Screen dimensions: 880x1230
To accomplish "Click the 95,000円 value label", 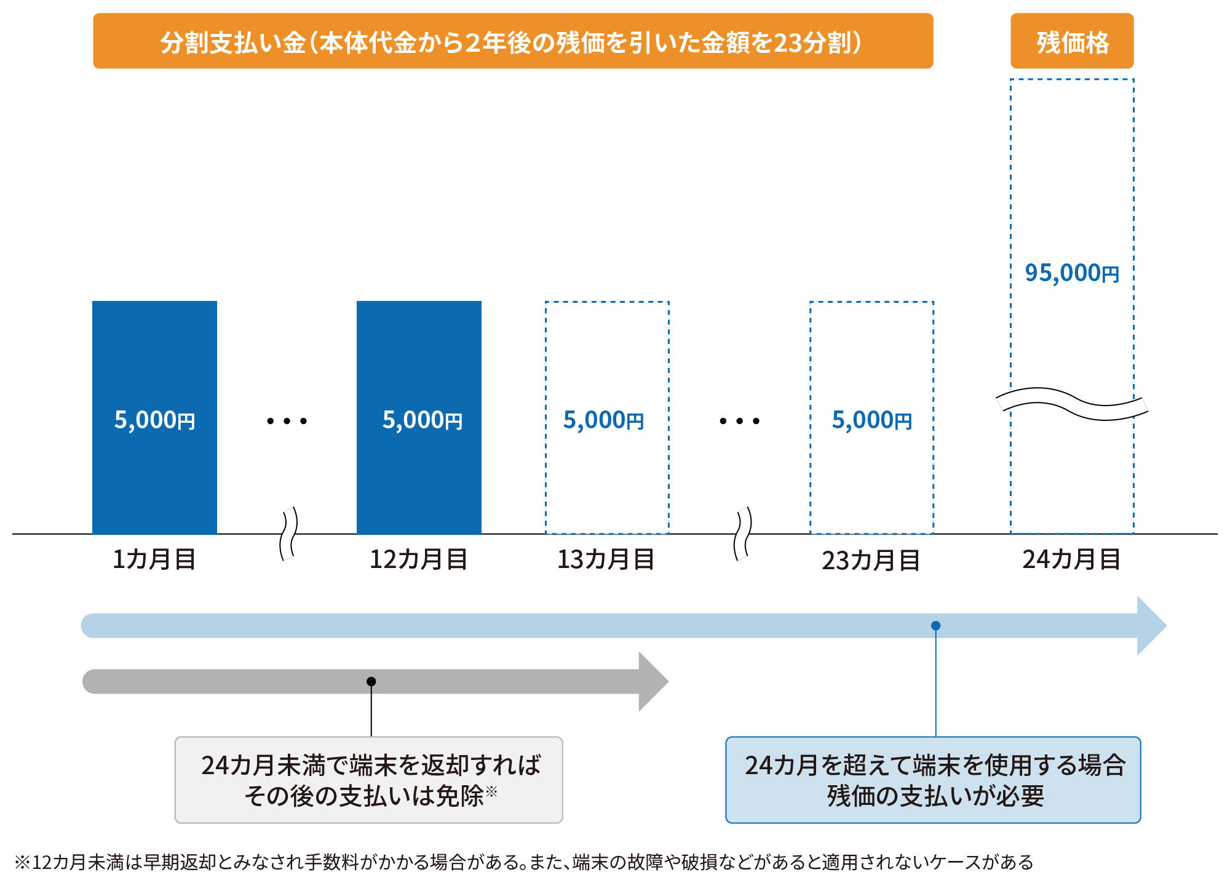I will click(x=1072, y=273).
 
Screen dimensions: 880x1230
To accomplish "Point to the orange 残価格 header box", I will click(x=1072, y=41).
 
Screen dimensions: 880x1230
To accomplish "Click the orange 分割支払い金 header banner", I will click(x=513, y=41).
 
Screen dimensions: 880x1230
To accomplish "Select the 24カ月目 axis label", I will click(x=1071, y=559).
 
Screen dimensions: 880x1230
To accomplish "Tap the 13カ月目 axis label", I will click(x=606, y=559).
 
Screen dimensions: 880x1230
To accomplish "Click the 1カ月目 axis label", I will click(x=154, y=559).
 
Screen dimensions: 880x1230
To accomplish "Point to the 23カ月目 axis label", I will click(x=871, y=561).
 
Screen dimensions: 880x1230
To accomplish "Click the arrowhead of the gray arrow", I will click(x=653, y=681).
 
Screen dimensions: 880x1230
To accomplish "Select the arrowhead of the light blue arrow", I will click(x=1151, y=625).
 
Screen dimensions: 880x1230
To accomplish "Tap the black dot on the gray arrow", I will click(x=371, y=681).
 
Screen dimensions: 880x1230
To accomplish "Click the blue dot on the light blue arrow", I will click(x=935, y=625).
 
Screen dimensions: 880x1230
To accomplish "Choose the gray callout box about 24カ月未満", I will click(x=368, y=780).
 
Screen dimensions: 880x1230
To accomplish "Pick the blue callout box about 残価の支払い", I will click(x=933, y=780).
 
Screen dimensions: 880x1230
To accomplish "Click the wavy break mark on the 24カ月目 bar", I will click(x=1072, y=404).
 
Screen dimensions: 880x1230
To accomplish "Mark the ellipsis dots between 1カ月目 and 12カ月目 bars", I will click(x=287, y=421).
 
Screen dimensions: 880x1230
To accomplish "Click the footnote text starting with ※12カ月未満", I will click(x=523, y=862).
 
